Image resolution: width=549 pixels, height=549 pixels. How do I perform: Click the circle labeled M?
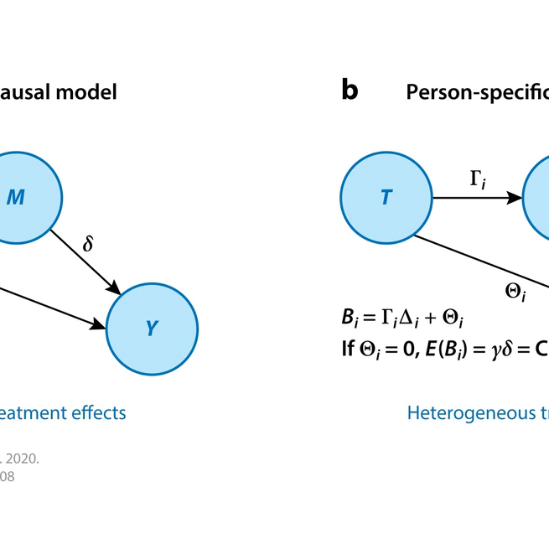tap(17, 198)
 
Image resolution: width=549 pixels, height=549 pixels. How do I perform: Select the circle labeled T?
tap(386, 198)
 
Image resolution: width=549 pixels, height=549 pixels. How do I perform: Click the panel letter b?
tap(350, 91)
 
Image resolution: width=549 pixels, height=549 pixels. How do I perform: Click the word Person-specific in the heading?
tap(478, 92)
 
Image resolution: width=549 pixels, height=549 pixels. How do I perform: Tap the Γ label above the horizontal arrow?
tap(476, 178)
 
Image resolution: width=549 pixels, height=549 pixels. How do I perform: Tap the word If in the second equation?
tap(348, 350)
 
